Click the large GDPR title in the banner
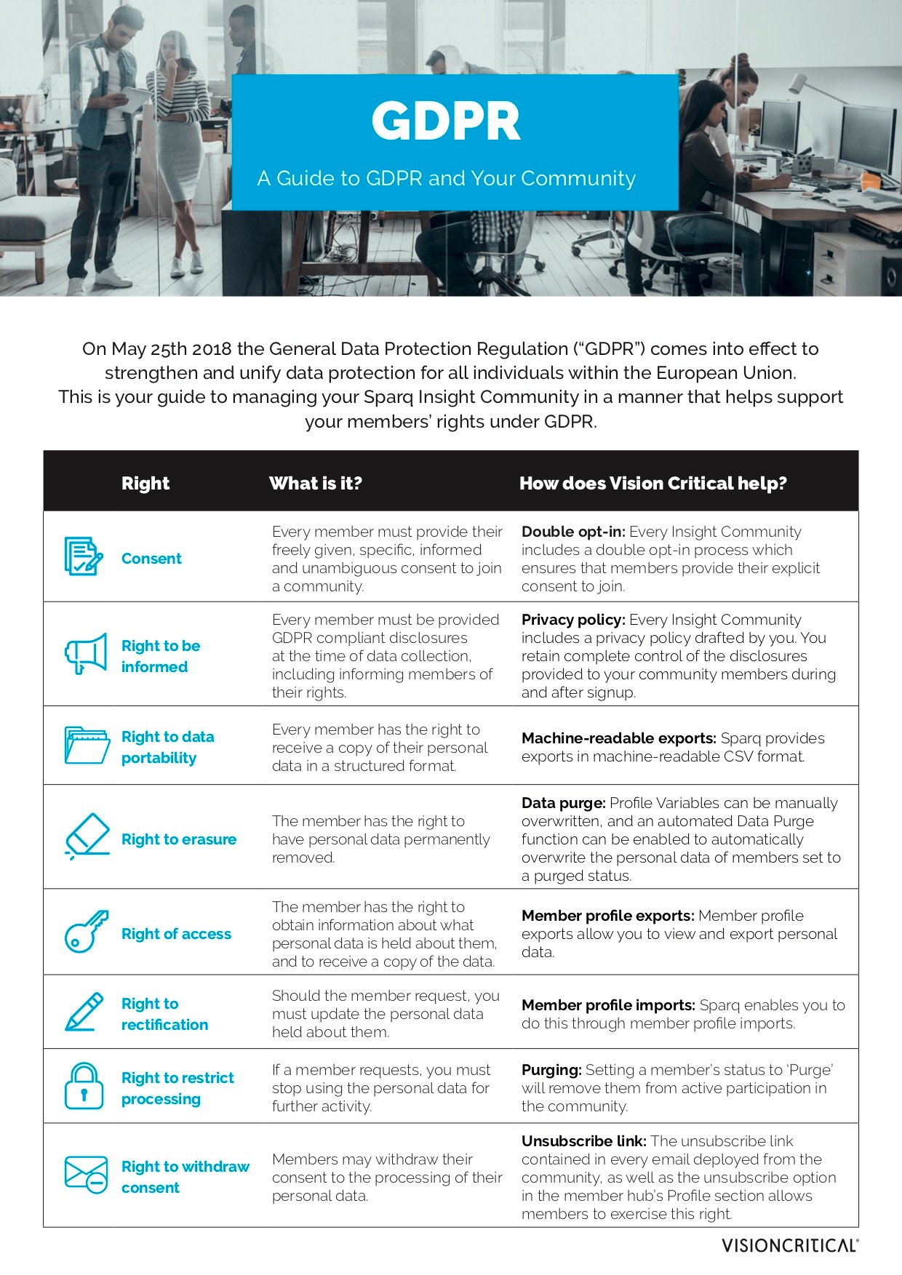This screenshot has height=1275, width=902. click(446, 121)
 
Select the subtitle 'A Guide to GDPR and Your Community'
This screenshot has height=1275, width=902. click(446, 178)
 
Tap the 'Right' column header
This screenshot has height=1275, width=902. click(145, 484)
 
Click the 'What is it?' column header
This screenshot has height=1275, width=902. click(316, 484)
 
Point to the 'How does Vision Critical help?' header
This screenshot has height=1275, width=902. click(652, 484)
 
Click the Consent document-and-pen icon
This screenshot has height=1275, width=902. click(83, 556)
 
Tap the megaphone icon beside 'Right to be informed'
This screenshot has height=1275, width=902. click(86, 653)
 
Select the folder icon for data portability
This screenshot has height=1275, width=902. click(86, 745)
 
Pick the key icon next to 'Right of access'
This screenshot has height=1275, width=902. click(86, 932)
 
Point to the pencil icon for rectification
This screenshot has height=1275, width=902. click(84, 1012)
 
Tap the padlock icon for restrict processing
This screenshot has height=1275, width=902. click(84, 1086)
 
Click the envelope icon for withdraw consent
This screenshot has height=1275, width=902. click(86, 1174)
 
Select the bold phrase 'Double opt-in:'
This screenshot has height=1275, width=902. click(573, 532)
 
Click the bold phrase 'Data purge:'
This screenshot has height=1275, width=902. click(563, 803)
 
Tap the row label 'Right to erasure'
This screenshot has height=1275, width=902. click(179, 839)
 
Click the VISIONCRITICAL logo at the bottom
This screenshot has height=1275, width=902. click(789, 1245)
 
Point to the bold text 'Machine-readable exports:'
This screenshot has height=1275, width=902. click(619, 738)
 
